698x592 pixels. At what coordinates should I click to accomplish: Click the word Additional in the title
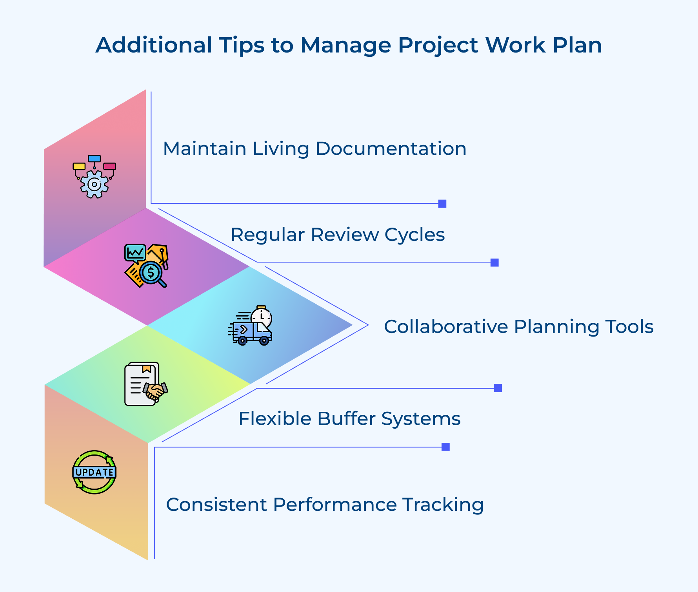pos(154,45)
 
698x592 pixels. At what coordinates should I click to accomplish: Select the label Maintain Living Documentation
pos(314,149)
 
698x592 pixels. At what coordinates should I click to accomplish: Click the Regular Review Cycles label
pos(337,235)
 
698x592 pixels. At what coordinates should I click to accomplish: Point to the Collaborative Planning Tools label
pos(518,327)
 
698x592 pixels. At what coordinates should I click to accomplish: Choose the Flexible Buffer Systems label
pos(349,418)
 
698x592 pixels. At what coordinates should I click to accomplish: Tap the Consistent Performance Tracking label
pos(325,505)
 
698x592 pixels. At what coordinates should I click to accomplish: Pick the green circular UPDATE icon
pos(94,472)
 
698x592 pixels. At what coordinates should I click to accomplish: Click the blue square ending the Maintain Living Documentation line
pos(442,204)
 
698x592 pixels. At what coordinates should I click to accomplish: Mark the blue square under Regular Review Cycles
pos(494,263)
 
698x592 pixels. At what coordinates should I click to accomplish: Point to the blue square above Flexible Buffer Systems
pos(498,388)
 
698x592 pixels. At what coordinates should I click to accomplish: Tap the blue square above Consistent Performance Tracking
pos(445,447)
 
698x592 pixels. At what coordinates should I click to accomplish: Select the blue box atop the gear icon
pos(94,159)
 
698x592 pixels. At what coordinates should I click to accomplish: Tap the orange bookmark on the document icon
pos(147,369)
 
